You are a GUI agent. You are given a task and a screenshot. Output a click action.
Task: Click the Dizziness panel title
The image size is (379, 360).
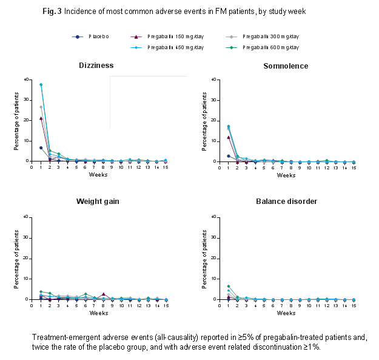[96, 66]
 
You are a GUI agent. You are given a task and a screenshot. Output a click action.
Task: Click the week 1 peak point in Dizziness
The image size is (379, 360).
[41, 84]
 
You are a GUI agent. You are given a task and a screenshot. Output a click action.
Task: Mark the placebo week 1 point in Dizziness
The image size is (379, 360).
[41, 148]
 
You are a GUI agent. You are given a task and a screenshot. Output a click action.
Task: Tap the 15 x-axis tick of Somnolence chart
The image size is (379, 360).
[354, 168]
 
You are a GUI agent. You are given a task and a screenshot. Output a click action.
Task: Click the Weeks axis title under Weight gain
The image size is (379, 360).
[99, 313]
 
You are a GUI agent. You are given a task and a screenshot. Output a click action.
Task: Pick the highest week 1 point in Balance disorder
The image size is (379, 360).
[228, 286]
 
